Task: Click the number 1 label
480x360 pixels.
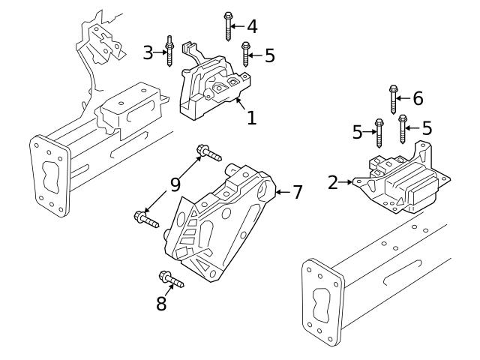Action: tap(251, 118)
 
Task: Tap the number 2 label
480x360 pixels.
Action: tap(333, 181)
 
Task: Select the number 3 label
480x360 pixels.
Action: tap(148, 52)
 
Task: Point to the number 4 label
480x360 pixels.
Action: tap(251, 26)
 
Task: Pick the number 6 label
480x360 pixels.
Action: tap(418, 97)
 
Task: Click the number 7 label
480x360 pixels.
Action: tap(297, 192)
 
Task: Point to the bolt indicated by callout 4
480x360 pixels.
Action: tap(227, 25)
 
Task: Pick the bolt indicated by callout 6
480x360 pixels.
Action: tap(393, 98)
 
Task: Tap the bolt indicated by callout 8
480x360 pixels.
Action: tap(171, 281)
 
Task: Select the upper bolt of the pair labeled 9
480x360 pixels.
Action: tap(208, 154)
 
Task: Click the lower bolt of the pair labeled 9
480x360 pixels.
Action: tap(145, 219)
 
